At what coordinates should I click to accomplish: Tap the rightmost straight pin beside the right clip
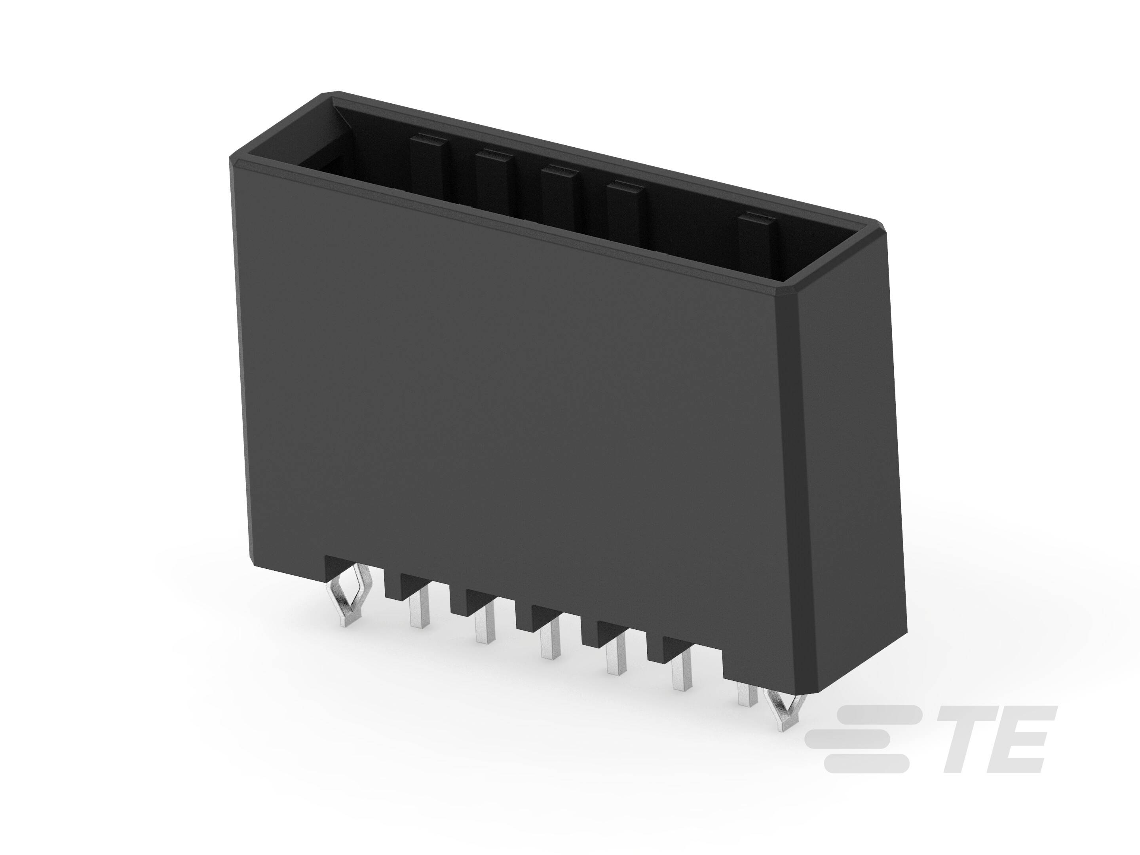[746, 693]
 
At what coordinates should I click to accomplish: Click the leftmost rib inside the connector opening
[430, 165]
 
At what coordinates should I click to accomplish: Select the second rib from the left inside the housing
[494, 178]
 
